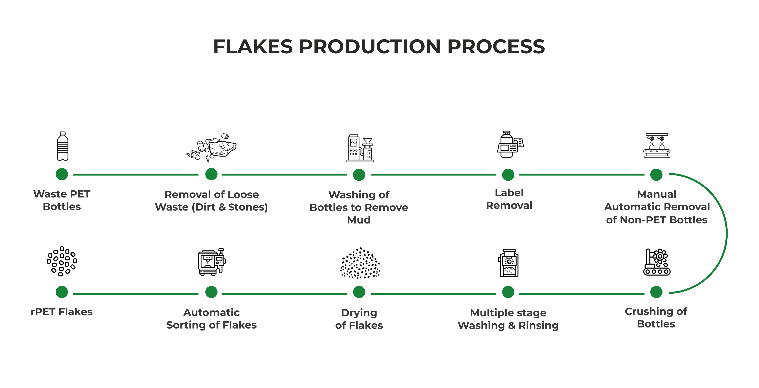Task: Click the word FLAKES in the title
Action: [253, 47]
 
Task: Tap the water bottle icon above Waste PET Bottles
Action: [62, 146]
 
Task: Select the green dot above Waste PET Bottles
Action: [62, 174]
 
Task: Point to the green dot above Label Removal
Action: [508, 175]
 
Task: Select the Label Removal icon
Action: [510, 144]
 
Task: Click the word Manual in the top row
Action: [657, 194]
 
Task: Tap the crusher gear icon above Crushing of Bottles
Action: [657, 262]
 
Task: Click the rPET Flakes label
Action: [62, 312]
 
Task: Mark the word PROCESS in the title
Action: [496, 47]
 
